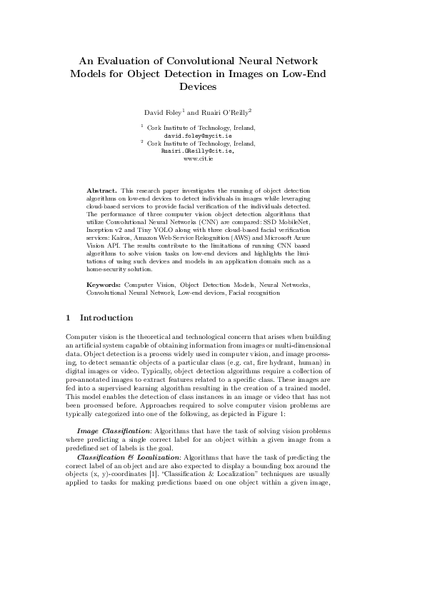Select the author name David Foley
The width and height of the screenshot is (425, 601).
[x=163, y=112]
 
